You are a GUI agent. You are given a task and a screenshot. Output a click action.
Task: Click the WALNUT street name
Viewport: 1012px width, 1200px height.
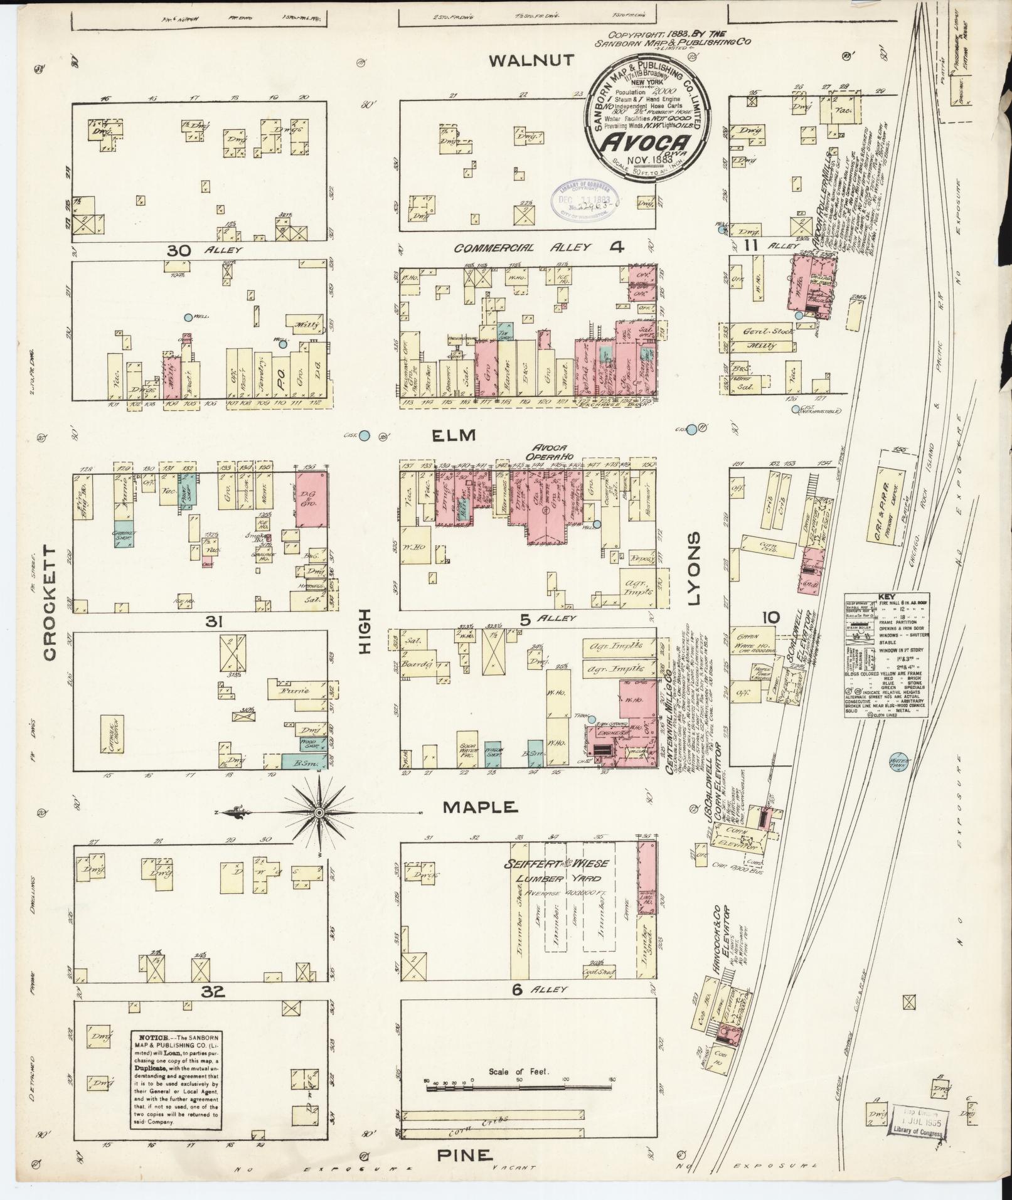531,60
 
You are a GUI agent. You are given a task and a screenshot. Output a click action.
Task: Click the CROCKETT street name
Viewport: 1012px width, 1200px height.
51,602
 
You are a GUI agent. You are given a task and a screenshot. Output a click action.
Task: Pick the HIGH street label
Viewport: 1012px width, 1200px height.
366,634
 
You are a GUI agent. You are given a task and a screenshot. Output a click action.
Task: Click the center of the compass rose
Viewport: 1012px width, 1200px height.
319,813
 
